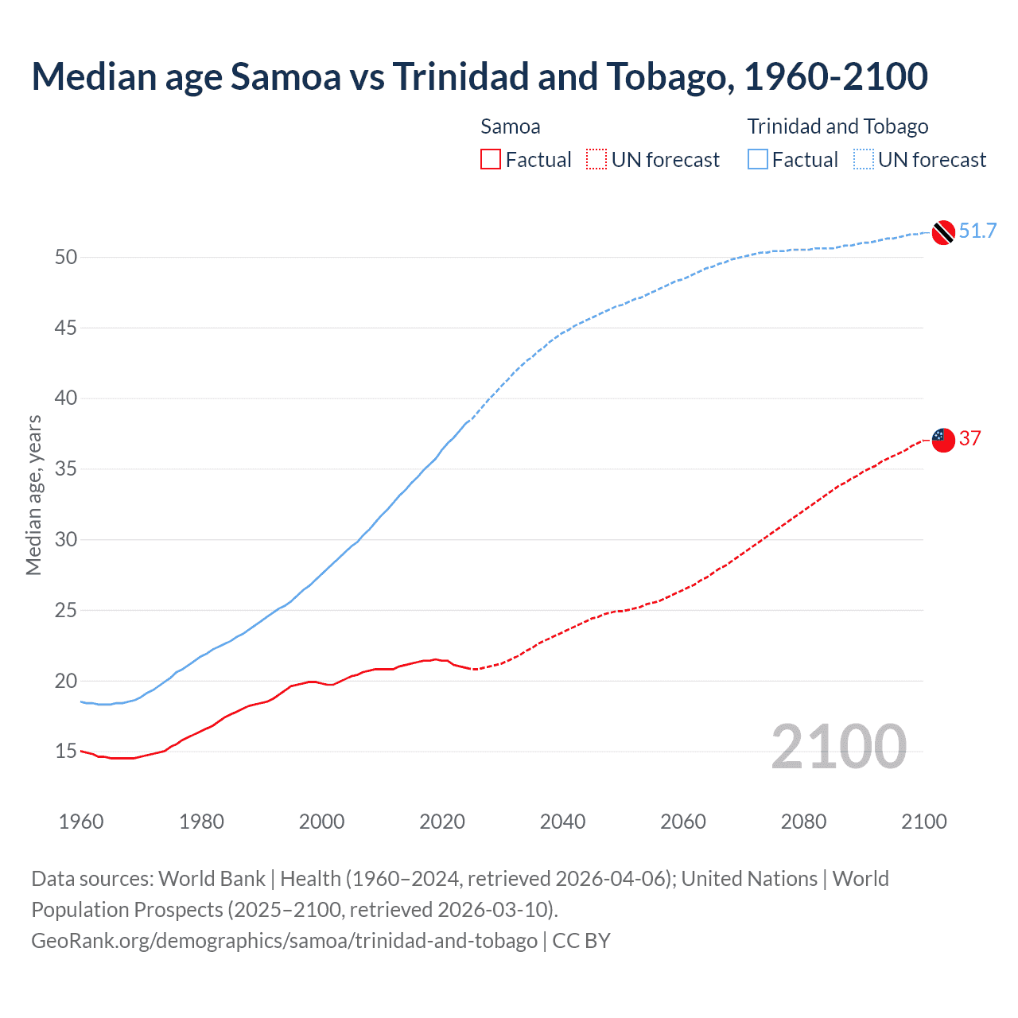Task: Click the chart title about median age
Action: tap(480, 76)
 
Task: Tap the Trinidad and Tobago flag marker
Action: tap(942, 232)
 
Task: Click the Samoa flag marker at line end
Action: tap(942, 439)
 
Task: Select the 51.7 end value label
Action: tap(977, 231)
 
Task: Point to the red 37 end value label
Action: tap(970, 438)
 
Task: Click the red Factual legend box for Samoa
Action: tap(491, 160)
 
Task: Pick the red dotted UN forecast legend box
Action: tap(596, 160)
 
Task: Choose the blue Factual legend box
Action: tap(758, 160)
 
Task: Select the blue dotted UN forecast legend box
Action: tap(864, 160)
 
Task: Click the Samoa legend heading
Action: tap(511, 126)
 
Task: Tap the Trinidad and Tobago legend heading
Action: tap(837, 126)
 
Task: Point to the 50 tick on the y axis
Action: tap(66, 257)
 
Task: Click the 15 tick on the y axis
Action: tap(66, 752)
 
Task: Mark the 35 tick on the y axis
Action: tap(66, 469)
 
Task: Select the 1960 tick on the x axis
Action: tap(81, 822)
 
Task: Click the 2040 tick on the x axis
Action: tap(562, 822)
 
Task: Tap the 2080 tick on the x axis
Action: tap(803, 822)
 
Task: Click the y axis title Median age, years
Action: tap(33, 495)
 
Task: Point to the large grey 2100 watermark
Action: tap(838, 747)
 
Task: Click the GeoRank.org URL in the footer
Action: tap(284, 941)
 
